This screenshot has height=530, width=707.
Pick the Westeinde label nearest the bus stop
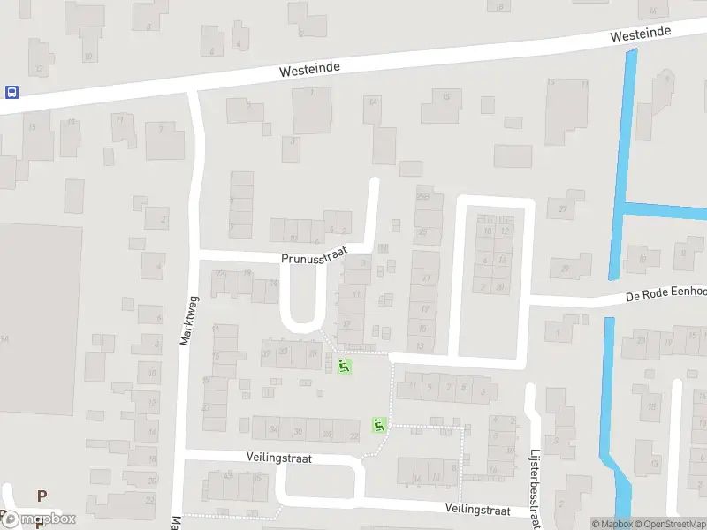pyautogui.click(x=309, y=68)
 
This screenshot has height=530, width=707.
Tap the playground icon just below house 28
pyautogui.click(x=344, y=366)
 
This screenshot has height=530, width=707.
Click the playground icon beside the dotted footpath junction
pyautogui.click(x=379, y=425)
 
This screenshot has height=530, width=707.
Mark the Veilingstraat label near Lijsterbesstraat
pyautogui.click(x=478, y=511)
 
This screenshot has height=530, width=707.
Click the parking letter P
pyautogui.click(x=41, y=496)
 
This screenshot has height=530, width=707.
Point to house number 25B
pyautogui.click(x=423, y=195)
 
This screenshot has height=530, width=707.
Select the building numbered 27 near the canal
pyautogui.click(x=563, y=208)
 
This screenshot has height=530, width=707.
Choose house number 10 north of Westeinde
pyautogui.click(x=87, y=56)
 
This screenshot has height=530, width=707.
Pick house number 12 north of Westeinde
pyautogui.click(x=39, y=68)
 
